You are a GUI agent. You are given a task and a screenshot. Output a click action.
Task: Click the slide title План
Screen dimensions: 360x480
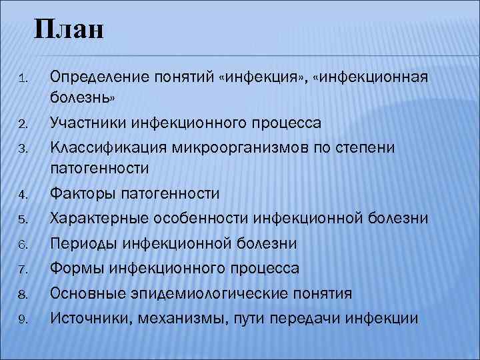(70, 30)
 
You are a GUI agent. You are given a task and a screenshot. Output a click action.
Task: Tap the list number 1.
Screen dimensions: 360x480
(22, 80)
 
